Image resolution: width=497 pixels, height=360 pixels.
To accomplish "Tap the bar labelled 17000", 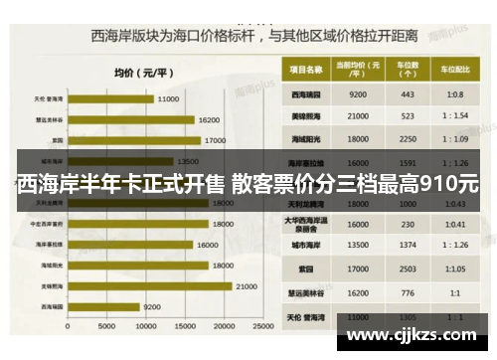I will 139,139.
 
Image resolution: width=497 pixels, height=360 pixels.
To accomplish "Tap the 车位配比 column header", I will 455,70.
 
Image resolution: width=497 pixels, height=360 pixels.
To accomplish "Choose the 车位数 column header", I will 407,70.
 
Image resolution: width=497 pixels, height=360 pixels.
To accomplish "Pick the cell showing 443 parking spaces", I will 407,94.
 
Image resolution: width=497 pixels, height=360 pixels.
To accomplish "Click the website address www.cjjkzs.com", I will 416,335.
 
